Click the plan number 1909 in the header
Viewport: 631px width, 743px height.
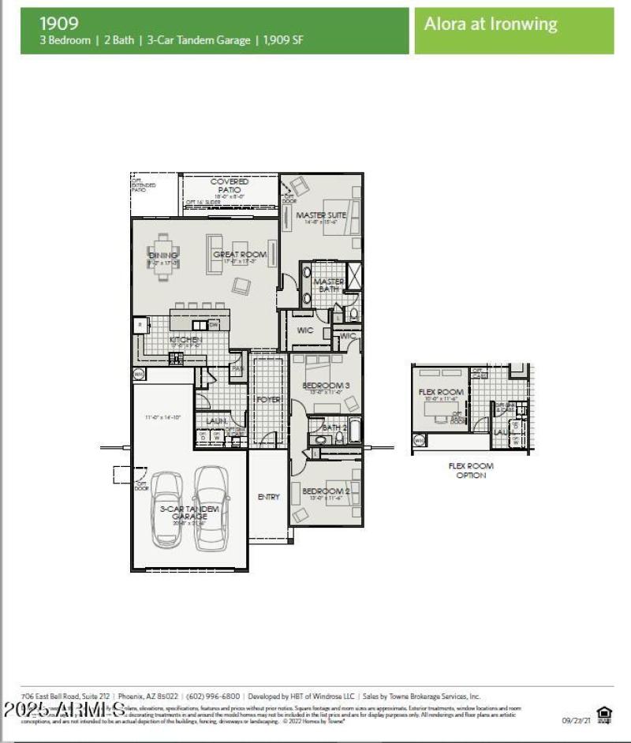[60, 24]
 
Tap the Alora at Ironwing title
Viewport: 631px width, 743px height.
[491, 24]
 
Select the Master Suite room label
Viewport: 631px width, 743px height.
[321, 215]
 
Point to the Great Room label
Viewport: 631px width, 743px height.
[240, 254]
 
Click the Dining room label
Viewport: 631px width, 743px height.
[163, 255]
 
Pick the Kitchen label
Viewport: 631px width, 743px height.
[186, 339]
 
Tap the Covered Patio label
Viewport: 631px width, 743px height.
[230, 187]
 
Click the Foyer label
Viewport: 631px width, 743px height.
[268, 400]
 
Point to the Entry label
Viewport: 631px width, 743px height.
[268, 497]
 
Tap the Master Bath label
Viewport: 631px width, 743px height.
[329, 286]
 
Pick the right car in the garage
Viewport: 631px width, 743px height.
[211, 506]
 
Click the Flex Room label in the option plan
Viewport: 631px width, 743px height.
[441, 391]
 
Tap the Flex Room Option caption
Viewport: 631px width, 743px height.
[471, 471]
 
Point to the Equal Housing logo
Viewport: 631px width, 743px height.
[604, 715]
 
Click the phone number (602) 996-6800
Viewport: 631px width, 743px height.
[214, 696]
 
